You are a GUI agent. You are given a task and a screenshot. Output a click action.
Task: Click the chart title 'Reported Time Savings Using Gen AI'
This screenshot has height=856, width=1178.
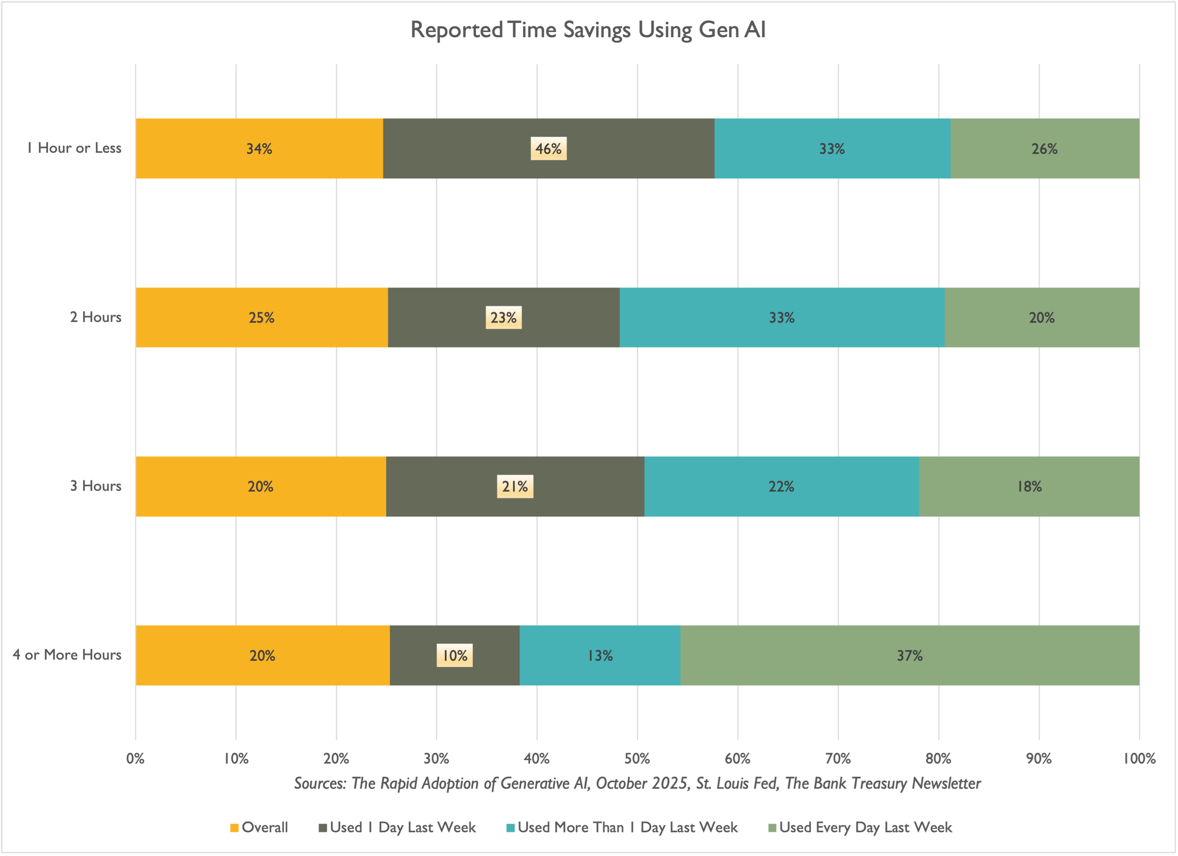point(588,30)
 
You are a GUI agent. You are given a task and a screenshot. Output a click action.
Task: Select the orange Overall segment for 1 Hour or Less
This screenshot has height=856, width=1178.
point(259,149)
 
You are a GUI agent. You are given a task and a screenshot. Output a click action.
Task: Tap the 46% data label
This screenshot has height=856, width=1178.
point(548,149)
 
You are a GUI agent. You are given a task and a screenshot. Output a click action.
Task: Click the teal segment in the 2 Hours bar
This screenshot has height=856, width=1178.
point(782,317)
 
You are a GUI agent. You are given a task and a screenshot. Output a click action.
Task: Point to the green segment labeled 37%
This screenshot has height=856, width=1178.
point(909,656)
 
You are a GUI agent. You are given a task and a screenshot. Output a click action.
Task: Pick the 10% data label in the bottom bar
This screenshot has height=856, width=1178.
point(455,656)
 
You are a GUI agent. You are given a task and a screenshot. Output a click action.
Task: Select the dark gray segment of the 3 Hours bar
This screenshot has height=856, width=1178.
point(515,486)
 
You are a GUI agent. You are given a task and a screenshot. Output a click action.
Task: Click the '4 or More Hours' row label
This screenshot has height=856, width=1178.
point(67,655)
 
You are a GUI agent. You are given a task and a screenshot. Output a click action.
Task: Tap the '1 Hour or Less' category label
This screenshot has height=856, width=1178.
point(74,148)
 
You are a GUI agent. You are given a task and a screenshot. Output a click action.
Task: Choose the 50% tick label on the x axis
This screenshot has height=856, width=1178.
point(638,759)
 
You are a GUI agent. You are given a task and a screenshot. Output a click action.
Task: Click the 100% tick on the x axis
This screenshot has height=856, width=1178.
point(1139,759)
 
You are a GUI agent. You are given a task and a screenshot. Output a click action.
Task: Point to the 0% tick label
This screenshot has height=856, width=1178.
point(136,759)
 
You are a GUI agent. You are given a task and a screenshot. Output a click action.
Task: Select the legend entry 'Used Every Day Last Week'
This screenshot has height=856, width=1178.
point(860,827)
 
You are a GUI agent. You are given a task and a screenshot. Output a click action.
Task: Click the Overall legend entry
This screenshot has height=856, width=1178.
point(259,827)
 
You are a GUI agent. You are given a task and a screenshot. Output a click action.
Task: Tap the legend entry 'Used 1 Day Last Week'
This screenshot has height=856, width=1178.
point(397,827)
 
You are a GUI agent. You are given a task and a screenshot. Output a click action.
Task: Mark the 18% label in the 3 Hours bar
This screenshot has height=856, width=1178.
point(1030,486)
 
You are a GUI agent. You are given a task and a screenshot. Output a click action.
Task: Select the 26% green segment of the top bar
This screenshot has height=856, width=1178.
point(1045,149)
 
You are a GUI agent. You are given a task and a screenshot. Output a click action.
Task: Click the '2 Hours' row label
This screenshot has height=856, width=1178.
point(96,317)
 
